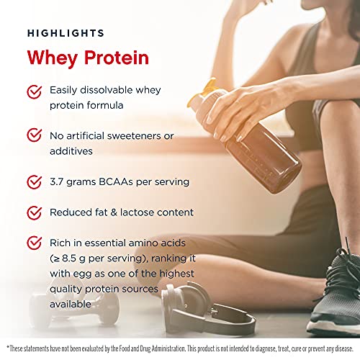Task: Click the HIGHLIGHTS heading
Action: pos(66,33)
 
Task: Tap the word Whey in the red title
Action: pos(53,58)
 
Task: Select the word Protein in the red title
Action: pos(117,58)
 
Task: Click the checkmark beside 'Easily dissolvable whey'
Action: pos(35,92)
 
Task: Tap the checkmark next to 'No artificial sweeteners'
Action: pos(35,135)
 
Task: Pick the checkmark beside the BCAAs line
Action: pos(35,182)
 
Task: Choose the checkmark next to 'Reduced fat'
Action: pos(35,212)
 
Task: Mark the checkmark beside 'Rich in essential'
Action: pos(35,243)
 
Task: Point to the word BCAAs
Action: pos(116,181)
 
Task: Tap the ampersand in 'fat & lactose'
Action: pos(114,212)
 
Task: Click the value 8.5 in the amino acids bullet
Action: pos(69,258)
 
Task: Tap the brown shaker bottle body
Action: pos(261,156)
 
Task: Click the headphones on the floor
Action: pos(207,310)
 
